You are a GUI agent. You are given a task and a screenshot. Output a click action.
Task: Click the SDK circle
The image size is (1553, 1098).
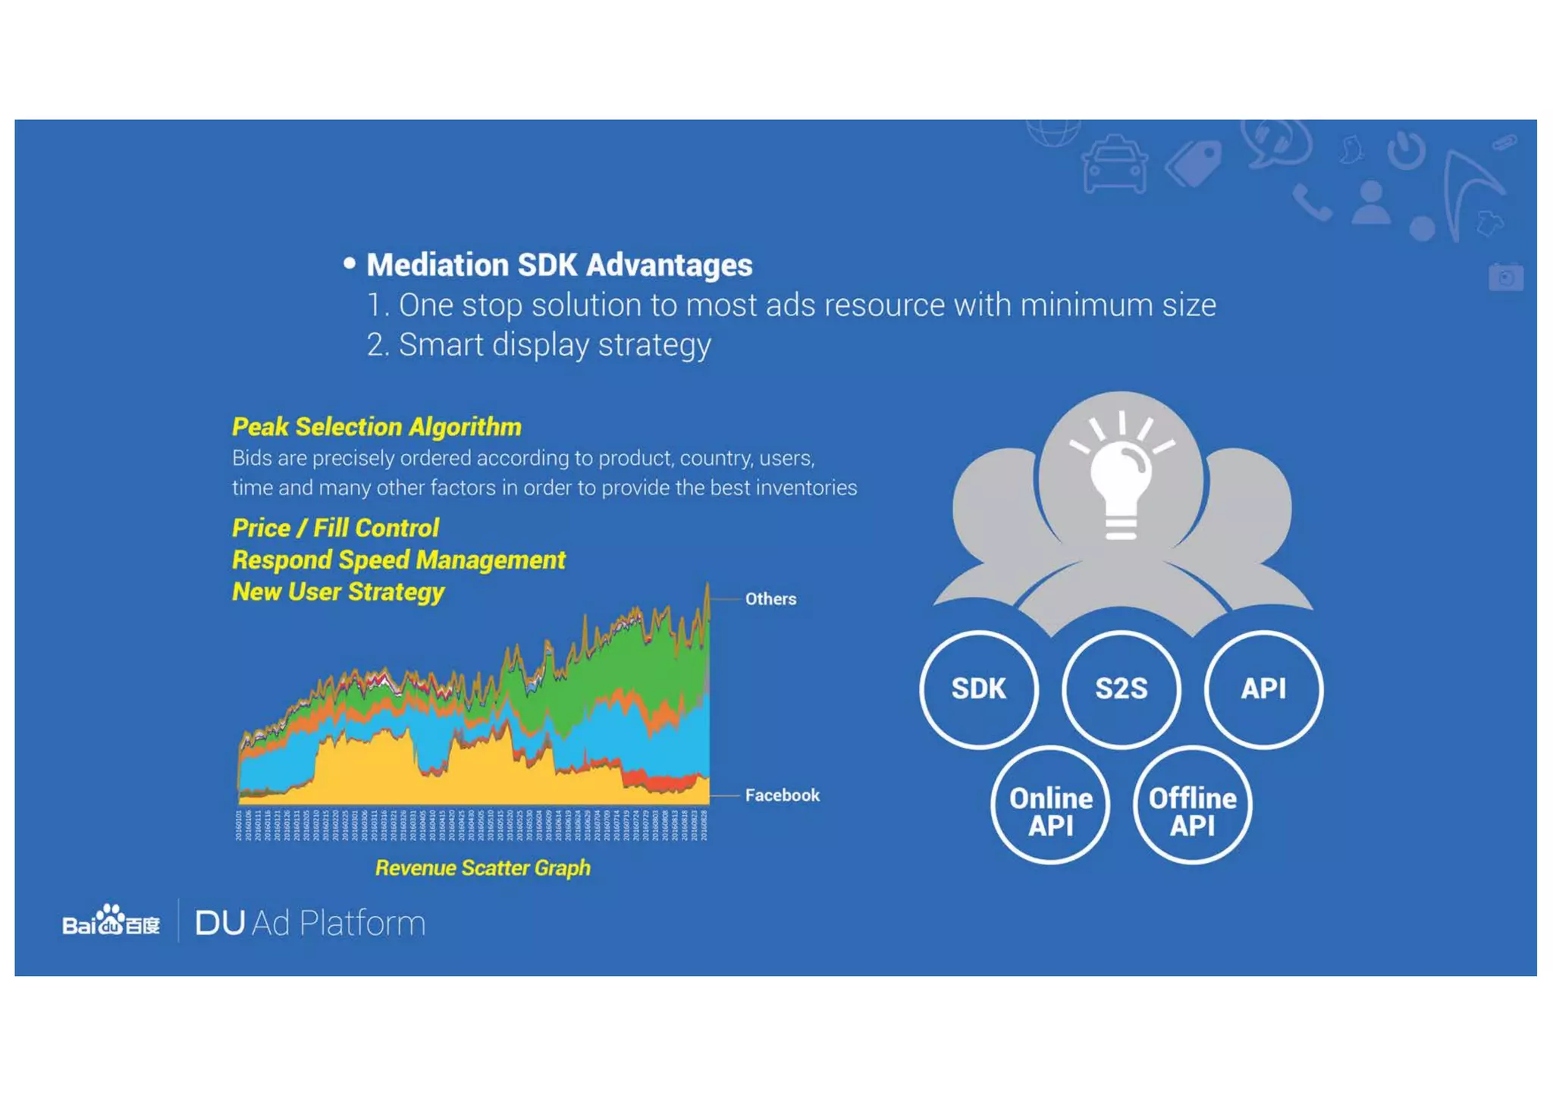(x=978, y=689)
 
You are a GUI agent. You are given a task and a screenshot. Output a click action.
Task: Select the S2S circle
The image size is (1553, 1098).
(x=1121, y=689)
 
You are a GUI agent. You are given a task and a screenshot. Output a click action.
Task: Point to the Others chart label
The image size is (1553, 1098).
(x=770, y=599)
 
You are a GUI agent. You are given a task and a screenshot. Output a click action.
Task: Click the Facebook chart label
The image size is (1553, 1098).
(x=782, y=795)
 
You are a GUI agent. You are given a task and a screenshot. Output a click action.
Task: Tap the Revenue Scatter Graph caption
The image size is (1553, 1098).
(x=482, y=867)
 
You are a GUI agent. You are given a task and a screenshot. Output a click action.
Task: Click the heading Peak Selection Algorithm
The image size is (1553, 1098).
(x=377, y=427)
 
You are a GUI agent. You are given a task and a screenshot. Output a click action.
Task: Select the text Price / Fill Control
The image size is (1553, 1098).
(x=335, y=528)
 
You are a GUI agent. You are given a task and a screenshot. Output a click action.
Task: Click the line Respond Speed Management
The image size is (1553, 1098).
(x=398, y=560)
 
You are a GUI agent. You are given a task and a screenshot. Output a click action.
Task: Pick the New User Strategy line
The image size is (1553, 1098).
(x=337, y=591)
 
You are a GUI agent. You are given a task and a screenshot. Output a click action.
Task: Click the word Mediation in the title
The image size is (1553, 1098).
(x=438, y=265)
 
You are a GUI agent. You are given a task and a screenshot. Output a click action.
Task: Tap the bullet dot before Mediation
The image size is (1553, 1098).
(x=350, y=263)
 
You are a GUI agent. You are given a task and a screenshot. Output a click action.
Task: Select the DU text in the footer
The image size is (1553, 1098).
(x=220, y=923)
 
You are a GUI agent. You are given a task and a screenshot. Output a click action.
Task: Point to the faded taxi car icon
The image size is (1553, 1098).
(x=1114, y=165)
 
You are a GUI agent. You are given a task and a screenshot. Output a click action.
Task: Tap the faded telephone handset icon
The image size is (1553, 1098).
(x=1312, y=202)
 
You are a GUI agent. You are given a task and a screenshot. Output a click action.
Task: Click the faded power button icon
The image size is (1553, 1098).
(x=1407, y=150)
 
